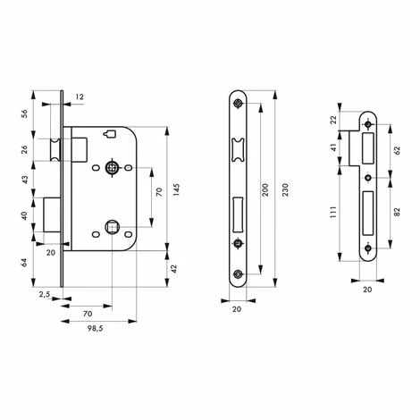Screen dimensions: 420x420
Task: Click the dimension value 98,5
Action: click(x=96, y=329)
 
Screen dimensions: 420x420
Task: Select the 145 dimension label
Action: click(x=176, y=189)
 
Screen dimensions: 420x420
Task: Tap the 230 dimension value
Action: click(x=285, y=189)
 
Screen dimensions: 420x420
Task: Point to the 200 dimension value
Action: click(x=265, y=189)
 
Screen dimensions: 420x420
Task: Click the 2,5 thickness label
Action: click(x=45, y=295)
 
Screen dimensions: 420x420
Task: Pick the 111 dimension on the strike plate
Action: click(x=333, y=212)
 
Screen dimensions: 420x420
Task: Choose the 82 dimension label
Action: click(x=397, y=212)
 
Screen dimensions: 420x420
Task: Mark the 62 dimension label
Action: click(x=397, y=150)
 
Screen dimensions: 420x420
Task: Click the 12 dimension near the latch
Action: click(x=80, y=97)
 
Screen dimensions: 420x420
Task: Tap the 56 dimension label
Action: click(x=25, y=113)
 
